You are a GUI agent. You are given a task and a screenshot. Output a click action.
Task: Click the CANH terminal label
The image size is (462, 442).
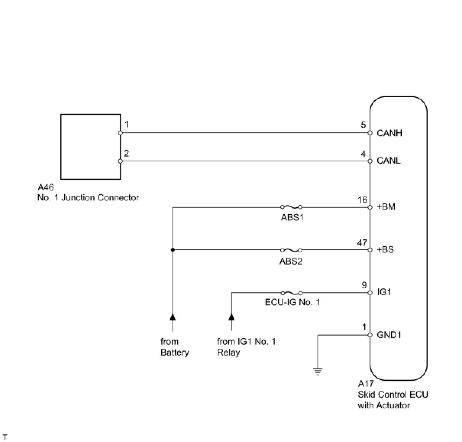click(x=389, y=133)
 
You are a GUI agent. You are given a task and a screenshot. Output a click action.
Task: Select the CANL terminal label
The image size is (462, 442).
click(x=388, y=161)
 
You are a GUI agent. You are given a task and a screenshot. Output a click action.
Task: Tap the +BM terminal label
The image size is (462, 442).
click(x=386, y=207)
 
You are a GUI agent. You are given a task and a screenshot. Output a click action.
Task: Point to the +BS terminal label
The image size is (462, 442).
click(x=385, y=250)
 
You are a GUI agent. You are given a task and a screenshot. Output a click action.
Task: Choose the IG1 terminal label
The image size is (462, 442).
click(x=384, y=292)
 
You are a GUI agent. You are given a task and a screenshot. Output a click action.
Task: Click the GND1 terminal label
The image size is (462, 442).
click(x=389, y=335)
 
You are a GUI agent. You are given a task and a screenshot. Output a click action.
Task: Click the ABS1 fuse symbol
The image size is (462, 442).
click(x=291, y=207)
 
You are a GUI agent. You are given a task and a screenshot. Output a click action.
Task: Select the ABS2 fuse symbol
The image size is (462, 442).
click(x=291, y=250)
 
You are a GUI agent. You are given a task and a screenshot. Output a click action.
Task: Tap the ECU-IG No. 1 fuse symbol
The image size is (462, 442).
click(x=291, y=293)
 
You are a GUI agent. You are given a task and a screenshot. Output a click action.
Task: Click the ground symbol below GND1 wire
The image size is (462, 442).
click(x=318, y=371)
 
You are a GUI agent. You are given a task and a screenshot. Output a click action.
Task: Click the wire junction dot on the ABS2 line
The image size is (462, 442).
click(x=173, y=250)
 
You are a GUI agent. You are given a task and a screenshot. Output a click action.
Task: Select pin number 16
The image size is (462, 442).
click(x=362, y=200)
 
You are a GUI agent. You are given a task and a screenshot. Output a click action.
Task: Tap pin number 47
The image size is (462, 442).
click(x=362, y=243)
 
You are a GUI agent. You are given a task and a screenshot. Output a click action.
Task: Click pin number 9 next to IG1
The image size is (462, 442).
click(x=364, y=285)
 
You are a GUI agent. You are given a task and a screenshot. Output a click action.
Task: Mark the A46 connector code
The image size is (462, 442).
click(x=45, y=187)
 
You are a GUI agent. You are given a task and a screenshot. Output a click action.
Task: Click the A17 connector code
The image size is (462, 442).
click(x=366, y=384)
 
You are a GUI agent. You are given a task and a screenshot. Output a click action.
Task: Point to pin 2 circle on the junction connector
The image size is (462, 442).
click(x=120, y=161)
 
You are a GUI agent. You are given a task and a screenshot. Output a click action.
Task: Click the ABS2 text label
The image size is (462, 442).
click(x=291, y=262)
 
